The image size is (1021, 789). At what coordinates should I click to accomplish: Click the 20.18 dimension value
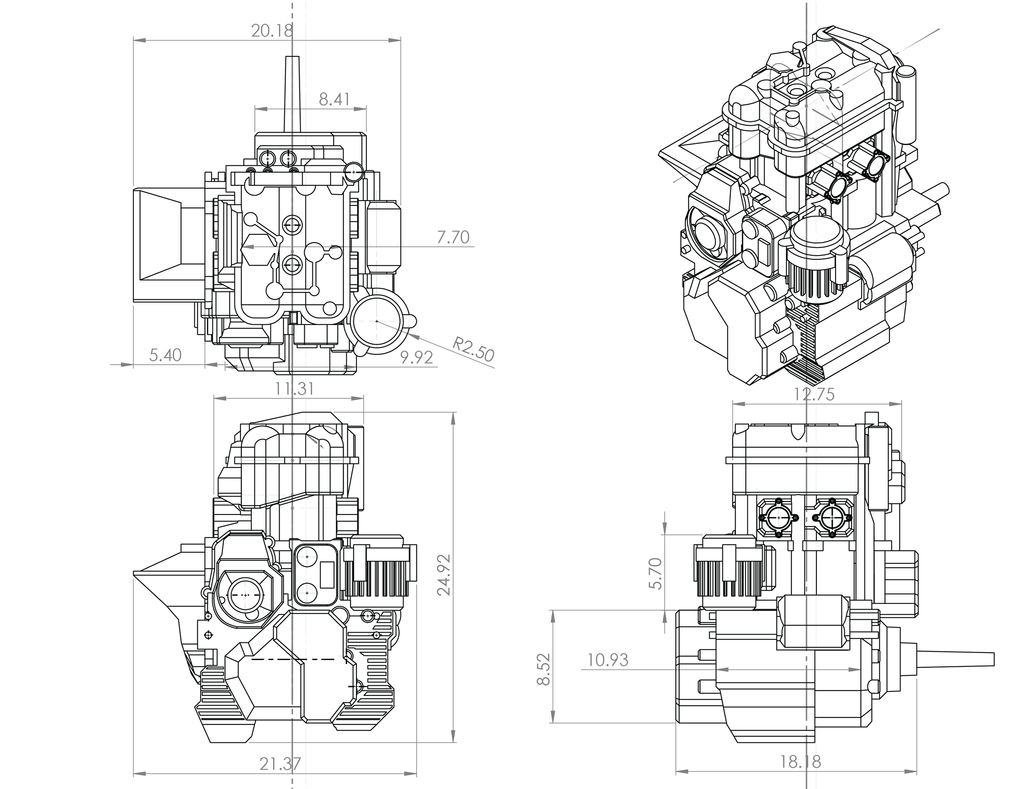(x=272, y=31)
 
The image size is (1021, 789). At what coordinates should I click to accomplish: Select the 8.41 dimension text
(x=334, y=99)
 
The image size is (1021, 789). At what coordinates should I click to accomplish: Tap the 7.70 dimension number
(x=453, y=237)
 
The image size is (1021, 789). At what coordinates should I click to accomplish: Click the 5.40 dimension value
(x=165, y=355)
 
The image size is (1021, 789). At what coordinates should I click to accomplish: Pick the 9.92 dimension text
(x=417, y=358)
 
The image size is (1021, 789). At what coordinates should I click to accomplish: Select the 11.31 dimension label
(x=294, y=388)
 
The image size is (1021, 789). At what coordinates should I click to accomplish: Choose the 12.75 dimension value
(x=814, y=395)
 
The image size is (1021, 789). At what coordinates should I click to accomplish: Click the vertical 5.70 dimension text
(x=656, y=573)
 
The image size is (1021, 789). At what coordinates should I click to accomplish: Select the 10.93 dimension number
(x=608, y=660)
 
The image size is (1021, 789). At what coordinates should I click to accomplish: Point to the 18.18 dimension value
(x=800, y=762)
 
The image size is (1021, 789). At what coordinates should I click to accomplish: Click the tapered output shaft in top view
(x=292, y=94)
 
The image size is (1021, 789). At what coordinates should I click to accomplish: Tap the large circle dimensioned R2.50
(x=377, y=321)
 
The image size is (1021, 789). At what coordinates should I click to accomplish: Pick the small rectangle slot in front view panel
(x=327, y=575)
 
